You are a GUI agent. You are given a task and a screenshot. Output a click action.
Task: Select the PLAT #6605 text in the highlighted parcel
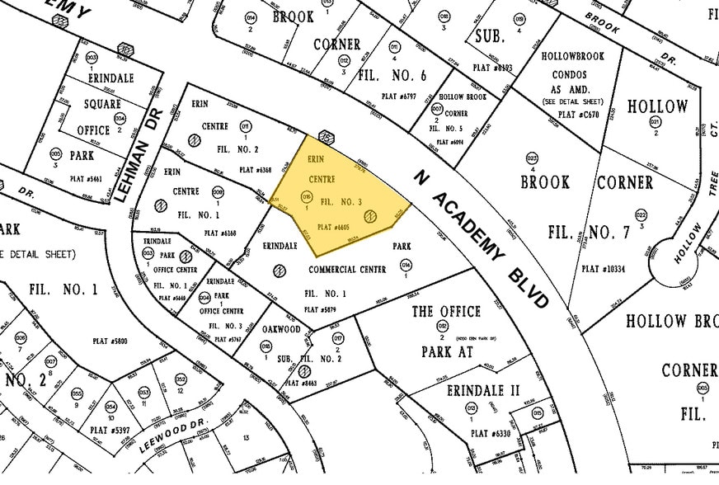(334, 227)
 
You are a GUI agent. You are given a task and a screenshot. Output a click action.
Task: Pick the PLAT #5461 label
(87, 178)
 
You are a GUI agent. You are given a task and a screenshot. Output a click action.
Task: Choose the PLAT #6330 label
(472, 431)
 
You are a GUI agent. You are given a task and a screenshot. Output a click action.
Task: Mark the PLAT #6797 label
(398, 96)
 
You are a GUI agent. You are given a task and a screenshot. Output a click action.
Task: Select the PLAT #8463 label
(300, 384)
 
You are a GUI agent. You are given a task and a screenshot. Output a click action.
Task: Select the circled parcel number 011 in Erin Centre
(245, 125)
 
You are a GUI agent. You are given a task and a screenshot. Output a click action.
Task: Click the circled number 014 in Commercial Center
(405, 265)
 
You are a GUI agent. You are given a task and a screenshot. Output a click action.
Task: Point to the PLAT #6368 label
(255, 170)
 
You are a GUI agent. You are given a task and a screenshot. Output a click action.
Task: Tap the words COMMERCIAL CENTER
(344, 269)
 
